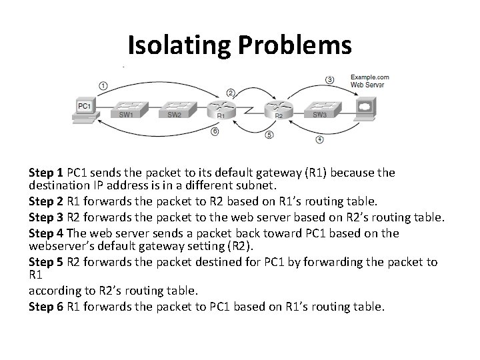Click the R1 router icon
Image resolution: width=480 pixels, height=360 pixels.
(x=222, y=107)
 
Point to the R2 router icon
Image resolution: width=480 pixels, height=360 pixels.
(x=279, y=107)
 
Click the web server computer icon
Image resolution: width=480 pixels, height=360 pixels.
(x=364, y=107)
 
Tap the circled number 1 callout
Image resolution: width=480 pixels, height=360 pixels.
(x=103, y=85)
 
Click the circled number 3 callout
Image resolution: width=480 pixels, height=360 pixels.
(x=330, y=79)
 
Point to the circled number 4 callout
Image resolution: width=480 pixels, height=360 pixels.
(x=319, y=140)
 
